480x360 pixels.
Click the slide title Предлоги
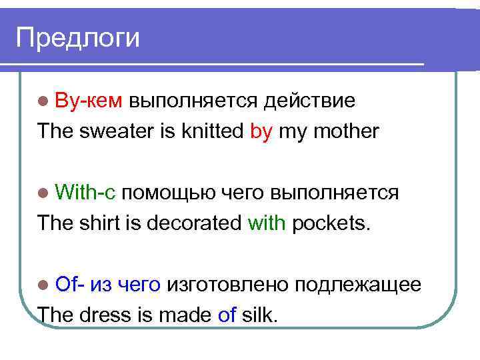(78, 37)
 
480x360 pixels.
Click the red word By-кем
(89, 101)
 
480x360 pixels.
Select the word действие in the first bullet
(309, 101)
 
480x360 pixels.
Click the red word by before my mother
(261, 132)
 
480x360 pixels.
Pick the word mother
(344, 131)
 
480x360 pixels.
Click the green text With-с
(87, 193)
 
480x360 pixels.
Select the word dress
(102, 315)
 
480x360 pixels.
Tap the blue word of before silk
(227, 315)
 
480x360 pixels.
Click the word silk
(259, 315)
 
